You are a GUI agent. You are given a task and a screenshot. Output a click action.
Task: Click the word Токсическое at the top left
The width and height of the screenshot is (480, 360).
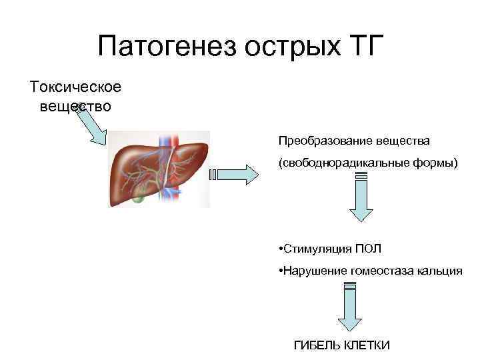pyautogui.click(x=75, y=87)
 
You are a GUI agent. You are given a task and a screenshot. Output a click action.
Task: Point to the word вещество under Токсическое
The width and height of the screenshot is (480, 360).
pyautogui.click(x=75, y=106)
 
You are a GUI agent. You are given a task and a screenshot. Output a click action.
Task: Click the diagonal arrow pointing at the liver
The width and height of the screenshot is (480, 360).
pyautogui.click(x=91, y=126)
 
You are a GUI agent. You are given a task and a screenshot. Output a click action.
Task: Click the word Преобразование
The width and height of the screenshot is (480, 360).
pyautogui.click(x=320, y=141)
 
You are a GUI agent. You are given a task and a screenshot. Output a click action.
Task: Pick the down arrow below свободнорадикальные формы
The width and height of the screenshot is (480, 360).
pyautogui.click(x=361, y=196)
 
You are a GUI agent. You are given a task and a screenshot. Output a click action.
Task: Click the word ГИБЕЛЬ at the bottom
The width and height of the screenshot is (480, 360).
pyautogui.click(x=317, y=345)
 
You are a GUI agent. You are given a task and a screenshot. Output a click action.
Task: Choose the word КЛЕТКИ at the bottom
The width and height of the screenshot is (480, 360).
pyautogui.click(x=366, y=345)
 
